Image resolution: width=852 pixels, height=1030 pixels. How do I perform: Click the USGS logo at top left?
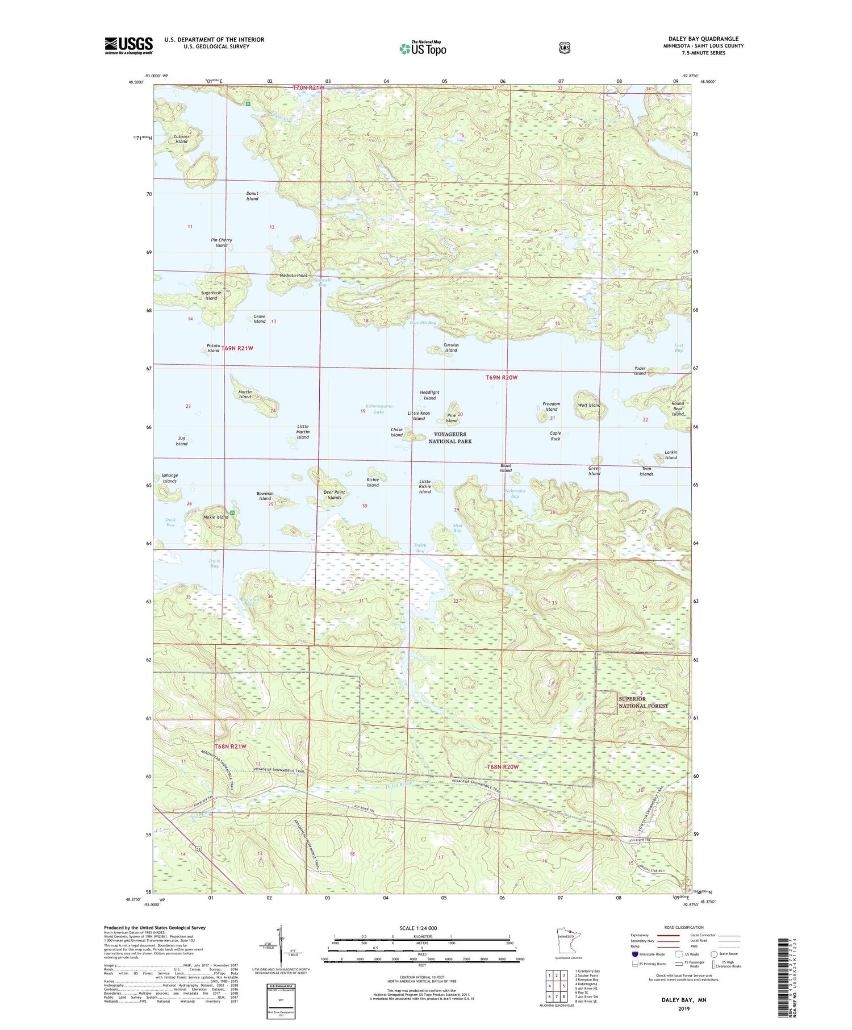pyautogui.click(x=128, y=45)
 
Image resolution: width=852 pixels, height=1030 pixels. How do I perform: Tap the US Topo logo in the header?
pyautogui.click(x=423, y=48)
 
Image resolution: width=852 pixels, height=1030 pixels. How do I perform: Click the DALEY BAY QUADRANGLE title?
pyautogui.click(x=703, y=39)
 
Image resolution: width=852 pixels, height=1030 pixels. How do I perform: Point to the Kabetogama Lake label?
pyautogui.click(x=379, y=408)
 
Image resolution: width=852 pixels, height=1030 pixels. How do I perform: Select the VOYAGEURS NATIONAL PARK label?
pyautogui.click(x=450, y=437)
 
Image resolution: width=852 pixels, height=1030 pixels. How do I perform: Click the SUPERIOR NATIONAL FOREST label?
pyautogui.click(x=643, y=702)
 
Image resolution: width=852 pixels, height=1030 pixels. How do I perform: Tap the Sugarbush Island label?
pyautogui.click(x=211, y=295)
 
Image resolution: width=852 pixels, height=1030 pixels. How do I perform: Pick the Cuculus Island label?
pyautogui.click(x=451, y=347)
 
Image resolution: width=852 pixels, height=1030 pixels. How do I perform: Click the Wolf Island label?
pyautogui.click(x=589, y=405)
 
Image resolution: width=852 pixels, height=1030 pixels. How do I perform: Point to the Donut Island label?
pyautogui.click(x=252, y=196)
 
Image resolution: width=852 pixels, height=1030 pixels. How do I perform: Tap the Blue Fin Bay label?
pyautogui.click(x=423, y=323)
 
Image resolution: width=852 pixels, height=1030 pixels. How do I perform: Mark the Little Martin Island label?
pyautogui.click(x=303, y=432)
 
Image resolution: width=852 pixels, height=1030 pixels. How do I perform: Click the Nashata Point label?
pyautogui.click(x=294, y=276)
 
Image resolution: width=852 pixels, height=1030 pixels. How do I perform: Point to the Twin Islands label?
pyautogui.click(x=646, y=471)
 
